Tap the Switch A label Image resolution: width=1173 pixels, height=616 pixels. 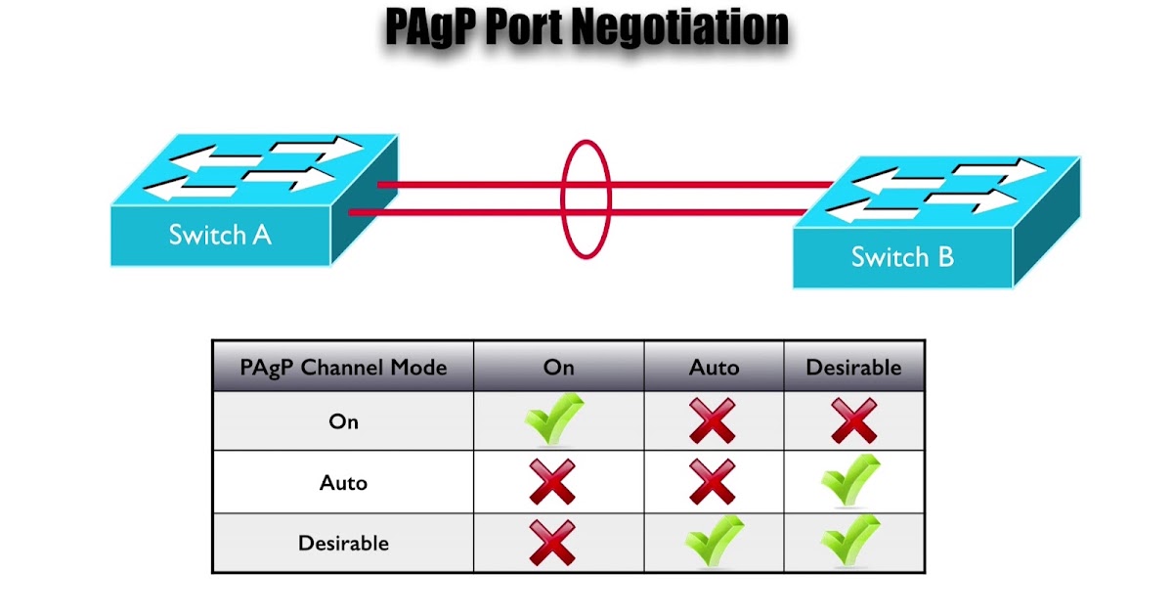click(220, 235)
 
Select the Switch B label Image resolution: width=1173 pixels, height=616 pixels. click(902, 256)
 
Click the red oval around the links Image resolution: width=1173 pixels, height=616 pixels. click(562, 199)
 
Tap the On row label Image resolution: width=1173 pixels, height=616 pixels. click(343, 421)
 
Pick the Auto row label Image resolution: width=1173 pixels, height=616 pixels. click(343, 482)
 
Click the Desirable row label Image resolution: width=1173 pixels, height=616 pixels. click(343, 544)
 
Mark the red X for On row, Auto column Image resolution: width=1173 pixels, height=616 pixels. click(713, 420)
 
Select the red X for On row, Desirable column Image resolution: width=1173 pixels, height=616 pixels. click(853, 420)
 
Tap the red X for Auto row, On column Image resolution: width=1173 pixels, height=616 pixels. click(552, 482)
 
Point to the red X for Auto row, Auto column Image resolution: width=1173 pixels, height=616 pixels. click(713, 482)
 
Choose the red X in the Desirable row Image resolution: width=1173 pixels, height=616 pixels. click(552, 543)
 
